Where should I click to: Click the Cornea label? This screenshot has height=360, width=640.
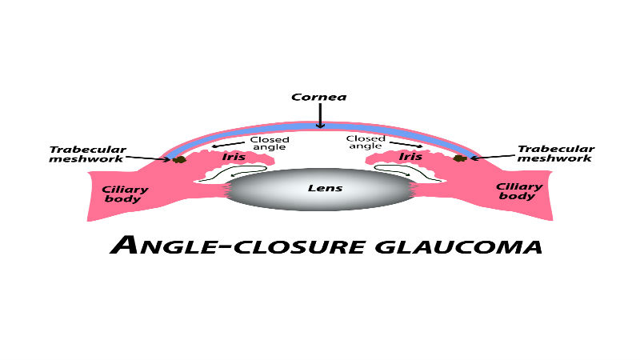point(319,97)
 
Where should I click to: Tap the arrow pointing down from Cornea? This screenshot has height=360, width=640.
point(321,115)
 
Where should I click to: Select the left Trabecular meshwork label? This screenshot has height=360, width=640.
point(87,154)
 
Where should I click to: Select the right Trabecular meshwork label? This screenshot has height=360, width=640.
point(555,154)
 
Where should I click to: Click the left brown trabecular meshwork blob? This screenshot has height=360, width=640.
point(179,159)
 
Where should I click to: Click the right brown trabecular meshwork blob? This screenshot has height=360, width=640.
point(461,158)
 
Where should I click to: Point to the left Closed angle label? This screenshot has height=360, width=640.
point(270,143)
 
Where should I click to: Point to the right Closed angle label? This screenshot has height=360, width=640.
point(366,142)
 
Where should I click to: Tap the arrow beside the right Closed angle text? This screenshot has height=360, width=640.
point(406,144)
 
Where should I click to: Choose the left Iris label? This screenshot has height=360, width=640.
point(234,157)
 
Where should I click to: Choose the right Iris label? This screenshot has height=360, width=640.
point(410,156)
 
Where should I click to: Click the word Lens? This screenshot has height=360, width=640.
point(325,188)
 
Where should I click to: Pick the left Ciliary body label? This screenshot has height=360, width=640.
point(125,194)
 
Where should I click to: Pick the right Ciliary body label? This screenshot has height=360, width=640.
point(518,191)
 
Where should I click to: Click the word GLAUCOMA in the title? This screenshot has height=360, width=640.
point(458,247)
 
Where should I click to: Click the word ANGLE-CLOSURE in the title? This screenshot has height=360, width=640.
point(238,246)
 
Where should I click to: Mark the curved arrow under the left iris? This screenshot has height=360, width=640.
point(233,173)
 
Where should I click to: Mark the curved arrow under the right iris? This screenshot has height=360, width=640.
point(407,172)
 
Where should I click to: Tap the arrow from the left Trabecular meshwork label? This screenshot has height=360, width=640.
point(148,158)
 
